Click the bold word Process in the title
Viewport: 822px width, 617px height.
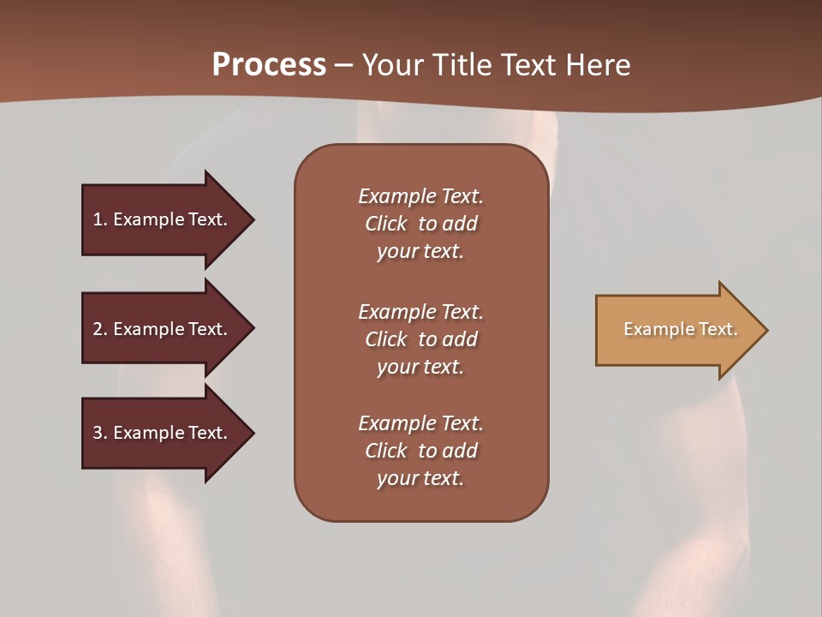269,65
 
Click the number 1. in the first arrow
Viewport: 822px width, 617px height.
100,219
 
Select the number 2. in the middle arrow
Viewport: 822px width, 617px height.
100,329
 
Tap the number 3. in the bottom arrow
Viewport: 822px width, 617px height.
100,433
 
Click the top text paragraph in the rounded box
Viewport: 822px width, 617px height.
420,224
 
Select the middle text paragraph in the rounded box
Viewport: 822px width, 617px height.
420,339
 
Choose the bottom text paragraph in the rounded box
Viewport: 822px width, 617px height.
420,451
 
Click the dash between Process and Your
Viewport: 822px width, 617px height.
344,65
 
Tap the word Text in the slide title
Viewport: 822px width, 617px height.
528,65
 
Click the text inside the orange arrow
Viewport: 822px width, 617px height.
680,329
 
